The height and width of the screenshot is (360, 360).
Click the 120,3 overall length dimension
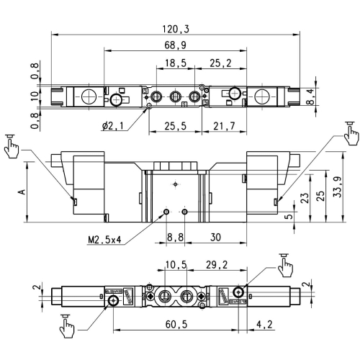(x=176, y=29)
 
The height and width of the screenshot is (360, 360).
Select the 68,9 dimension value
(x=176, y=45)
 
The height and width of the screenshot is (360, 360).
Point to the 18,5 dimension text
(x=176, y=63)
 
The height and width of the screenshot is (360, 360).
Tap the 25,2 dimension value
(x=220, y=63)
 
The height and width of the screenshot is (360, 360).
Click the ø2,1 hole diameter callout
(x=113, y=126)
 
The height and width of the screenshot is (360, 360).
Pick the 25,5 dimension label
(x=176, y=126)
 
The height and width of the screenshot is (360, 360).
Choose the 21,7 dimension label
(x=224, y=126)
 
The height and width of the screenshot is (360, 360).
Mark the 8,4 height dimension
(x=310, y=96)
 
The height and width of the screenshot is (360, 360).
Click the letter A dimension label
(x=22, y=192)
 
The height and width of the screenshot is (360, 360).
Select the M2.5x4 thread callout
(x=105, y=240)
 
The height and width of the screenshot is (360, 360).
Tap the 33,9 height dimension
(x=338, y=187)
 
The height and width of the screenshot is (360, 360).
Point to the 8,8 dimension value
(x=175, y=238)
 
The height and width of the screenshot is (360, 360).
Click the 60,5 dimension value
(x=176, y=325)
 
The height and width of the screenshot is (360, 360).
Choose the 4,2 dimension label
(x=264, y=325)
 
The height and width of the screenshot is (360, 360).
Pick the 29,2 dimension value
(x=217, y=265)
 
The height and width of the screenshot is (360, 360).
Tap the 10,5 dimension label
(x=176, y=265)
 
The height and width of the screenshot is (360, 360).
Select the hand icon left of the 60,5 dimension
(x=67, y=326)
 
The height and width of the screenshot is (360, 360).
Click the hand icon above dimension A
(x=12, y=146)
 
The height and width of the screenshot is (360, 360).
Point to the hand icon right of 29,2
(x=285, y=265)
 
